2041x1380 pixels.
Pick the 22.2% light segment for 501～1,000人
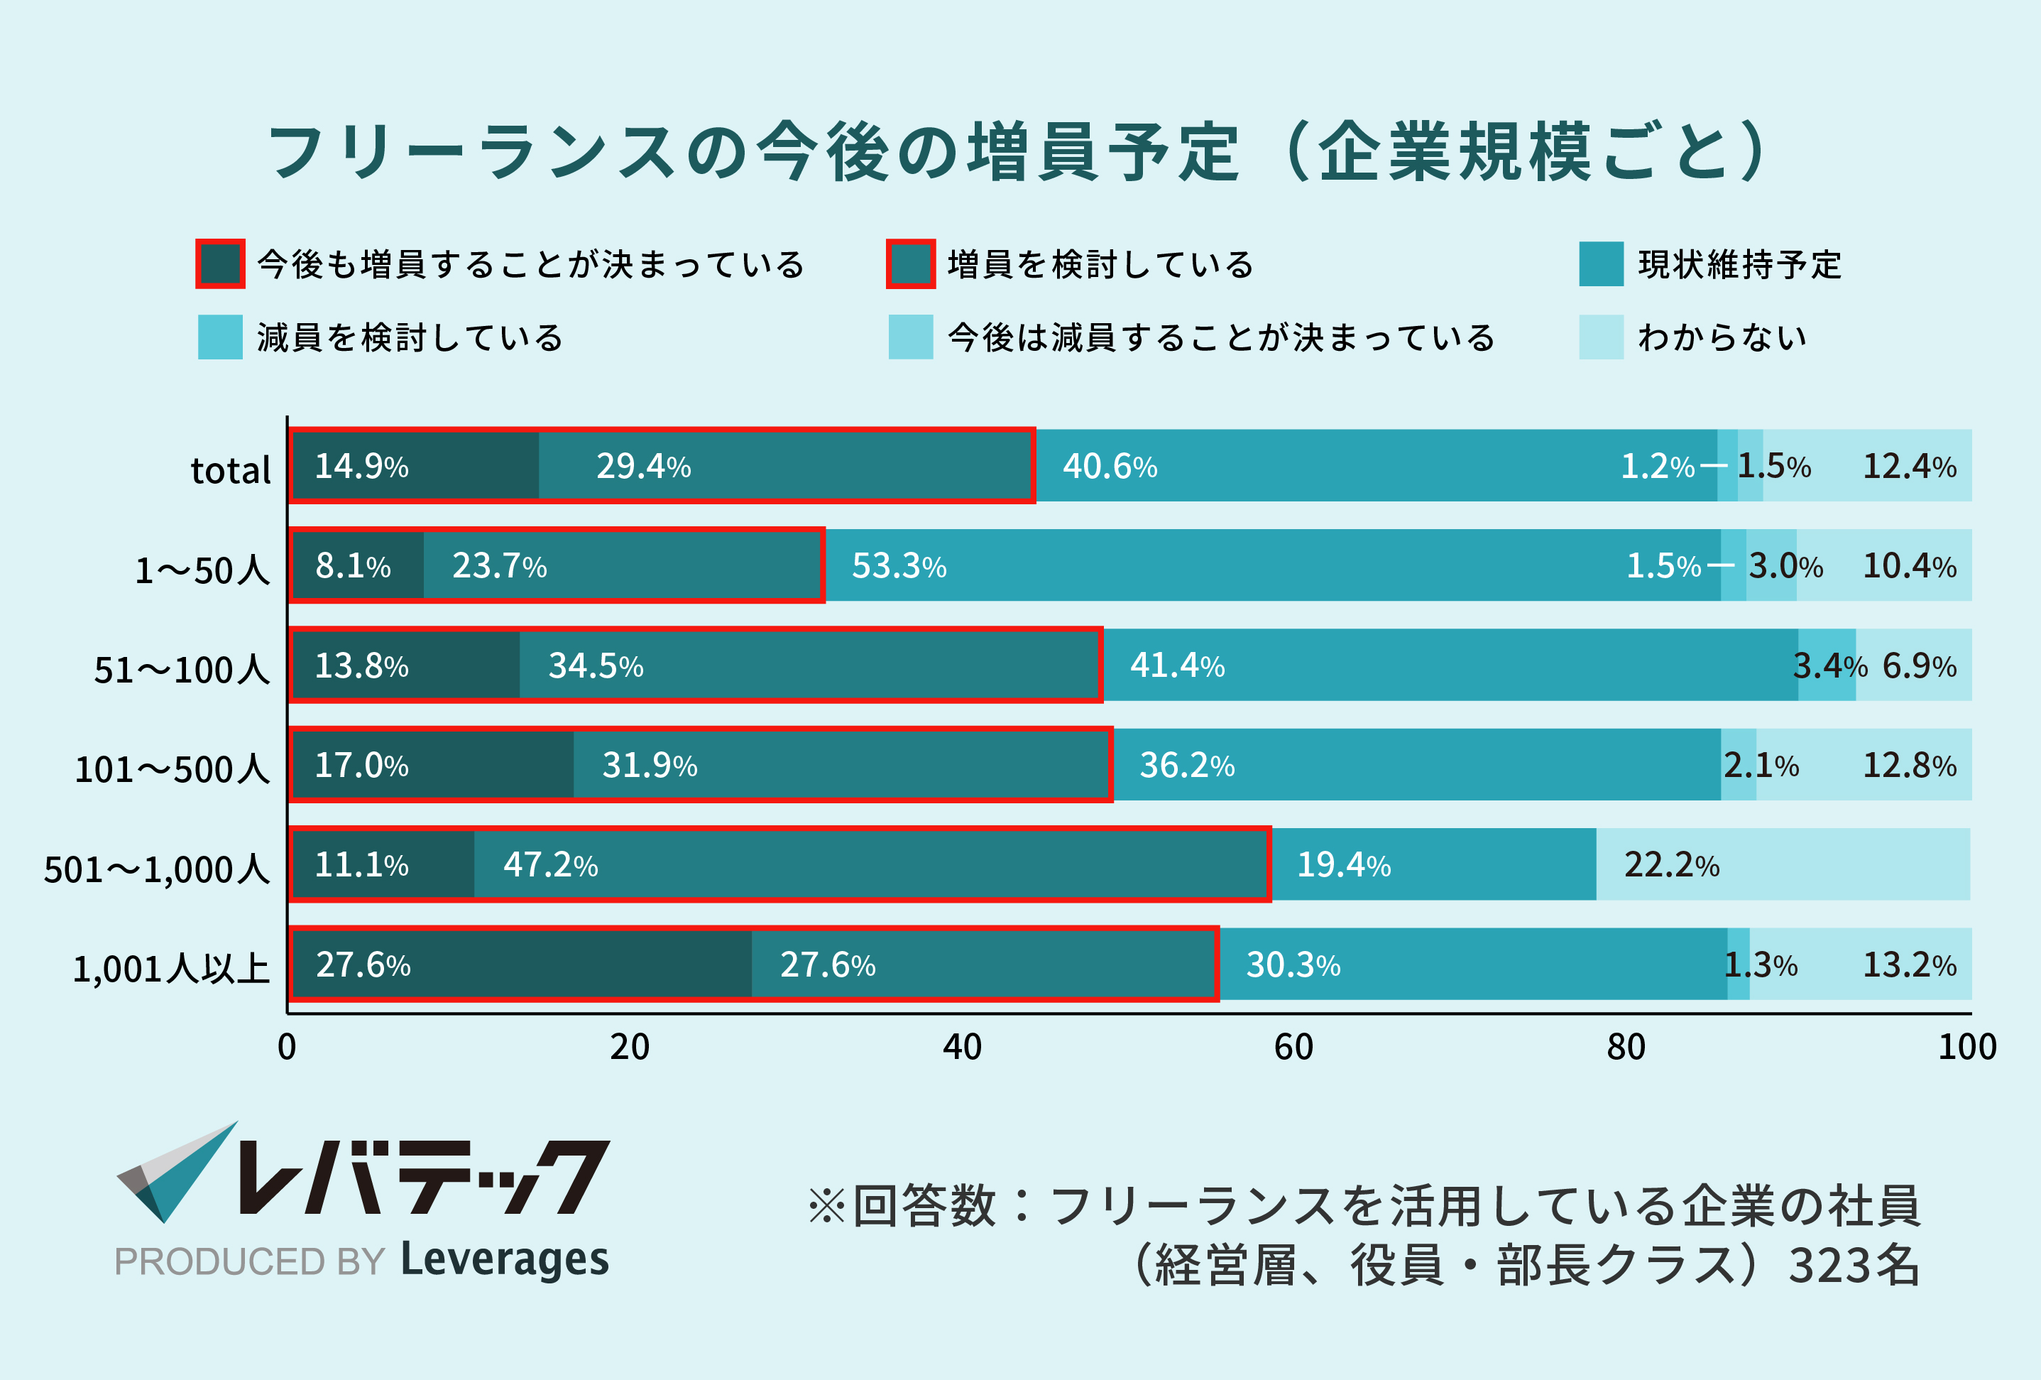coord(1783,864)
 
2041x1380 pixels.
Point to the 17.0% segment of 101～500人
coord(432,764)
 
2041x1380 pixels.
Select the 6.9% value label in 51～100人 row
coord(1919,665)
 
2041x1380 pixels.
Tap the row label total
coord(230,470)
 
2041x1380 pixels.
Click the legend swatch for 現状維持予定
coord(1600,263)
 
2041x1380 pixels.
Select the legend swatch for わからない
coord(1600,337)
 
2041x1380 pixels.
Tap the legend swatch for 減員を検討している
coord(219,337)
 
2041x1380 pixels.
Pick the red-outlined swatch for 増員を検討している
coord(910,263)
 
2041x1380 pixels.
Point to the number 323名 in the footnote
coord(1853,1266)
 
